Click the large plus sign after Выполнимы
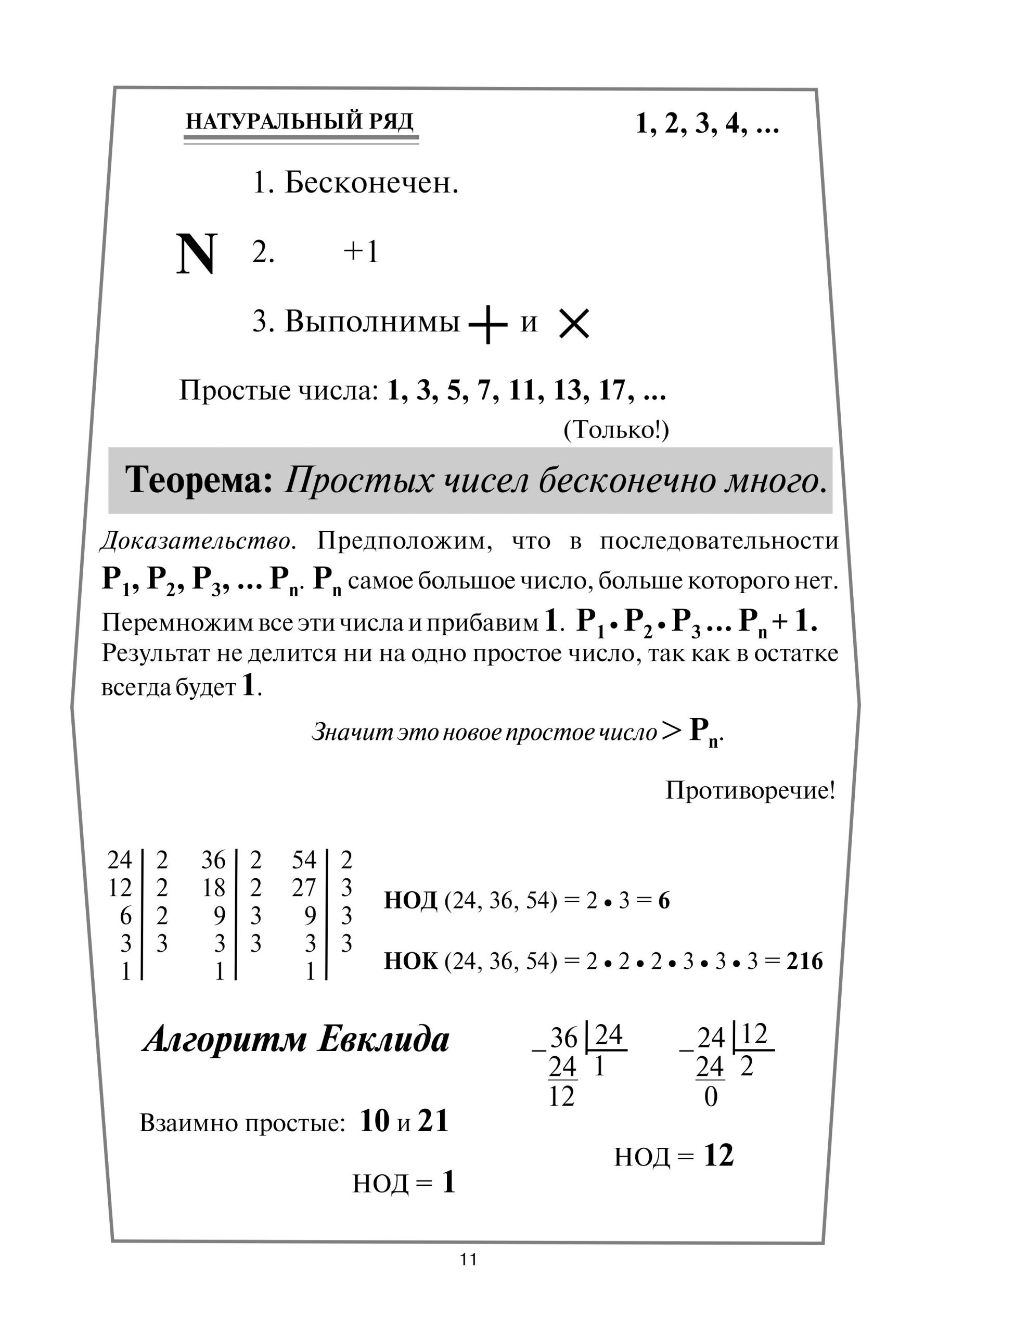(x=487, y=324)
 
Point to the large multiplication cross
(x=573, y=324)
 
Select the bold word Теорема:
(x=199, y=480)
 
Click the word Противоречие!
(x=750, y=790)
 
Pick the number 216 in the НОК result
(x=804, y=960)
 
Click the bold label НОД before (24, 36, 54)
(x=410, y=901)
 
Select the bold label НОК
(x=410, y=960)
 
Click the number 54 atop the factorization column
(x=304, y=860)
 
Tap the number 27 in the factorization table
(x=304, y=888)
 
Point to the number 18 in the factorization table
(x=213, y=888)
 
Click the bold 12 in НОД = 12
(x=718, y=1156)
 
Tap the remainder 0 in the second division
(x=711, y=1097)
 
